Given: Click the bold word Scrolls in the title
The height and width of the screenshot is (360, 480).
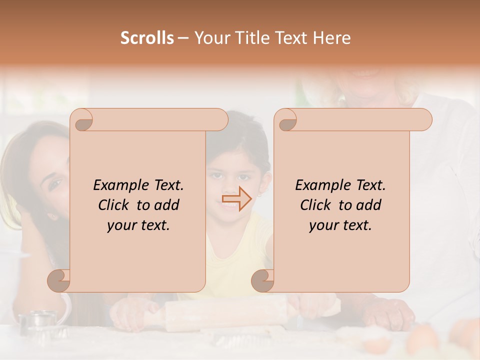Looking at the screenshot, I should [x=147, y=38].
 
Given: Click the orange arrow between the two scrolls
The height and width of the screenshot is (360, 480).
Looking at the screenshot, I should [x=236, y=199].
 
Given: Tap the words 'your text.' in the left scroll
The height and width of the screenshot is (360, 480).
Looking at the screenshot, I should [x=138, y=225].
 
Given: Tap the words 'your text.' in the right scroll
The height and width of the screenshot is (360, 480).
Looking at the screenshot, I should [x=340, y=225].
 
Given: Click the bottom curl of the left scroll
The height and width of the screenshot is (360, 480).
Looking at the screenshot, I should [x=59, y=280].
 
